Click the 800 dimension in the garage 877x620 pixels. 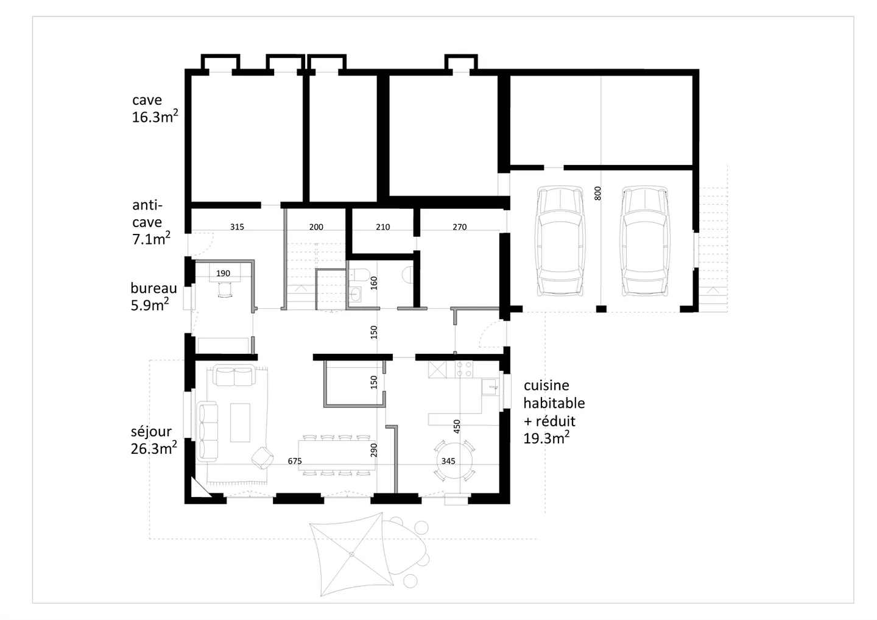(x=597, y=193)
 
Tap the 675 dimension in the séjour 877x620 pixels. (x=295, y=461)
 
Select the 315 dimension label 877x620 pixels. (x=237, y=227)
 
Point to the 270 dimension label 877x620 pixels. (x=460, y=227)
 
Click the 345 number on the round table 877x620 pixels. (x=448, y=461)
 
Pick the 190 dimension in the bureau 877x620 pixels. (x=223, y=273)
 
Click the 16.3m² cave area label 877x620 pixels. (x=155, y=117)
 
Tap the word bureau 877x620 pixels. (x=154, y=288)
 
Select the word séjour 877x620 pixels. (x=151, y=431)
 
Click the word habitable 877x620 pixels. (x=554, y=403)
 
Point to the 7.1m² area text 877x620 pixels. (x=151, y=238)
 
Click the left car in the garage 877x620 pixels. (x=560, y=241)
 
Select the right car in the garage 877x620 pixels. (x=644, y=241)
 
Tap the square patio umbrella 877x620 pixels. (x=351, y=554)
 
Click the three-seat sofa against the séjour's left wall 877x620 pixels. (x=208, y=431)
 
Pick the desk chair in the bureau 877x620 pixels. (x=225, y=290)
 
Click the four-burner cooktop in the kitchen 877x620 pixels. (x=464, y=369)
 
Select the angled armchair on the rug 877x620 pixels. (x=262, y=458)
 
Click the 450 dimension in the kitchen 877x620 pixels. (x=457, y=426)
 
